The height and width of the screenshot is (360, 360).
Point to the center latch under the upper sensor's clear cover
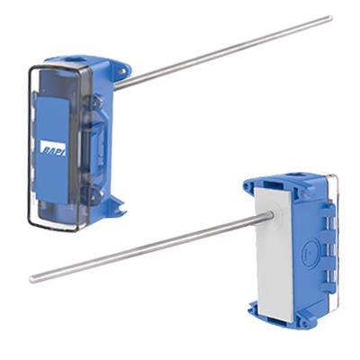click(x=90, y=144)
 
